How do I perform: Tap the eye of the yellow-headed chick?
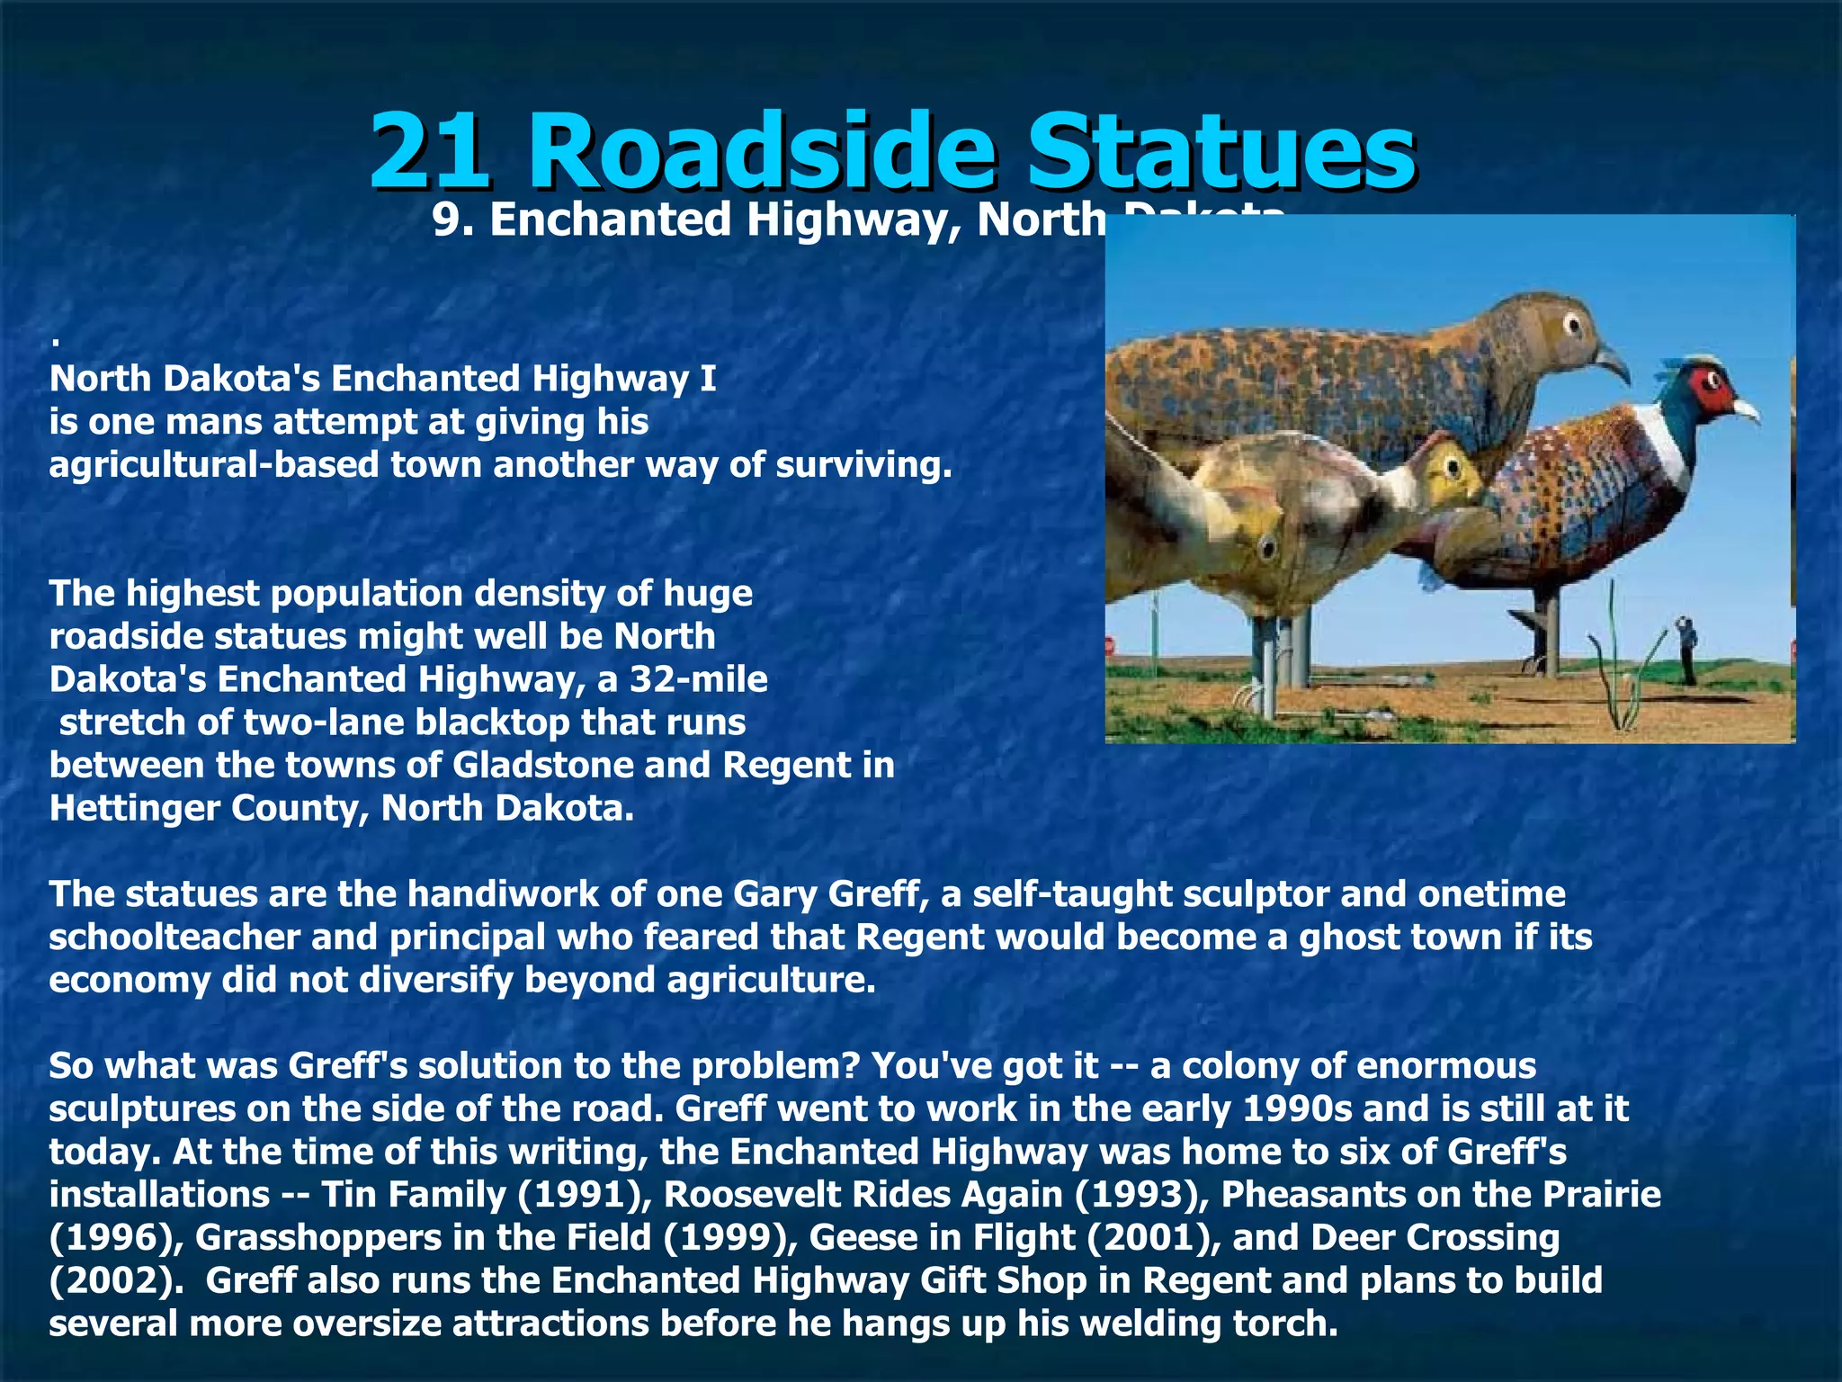pyautogui.click(x=1450, y=467)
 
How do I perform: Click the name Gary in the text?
pyautogui.click(x=774, y=894)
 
